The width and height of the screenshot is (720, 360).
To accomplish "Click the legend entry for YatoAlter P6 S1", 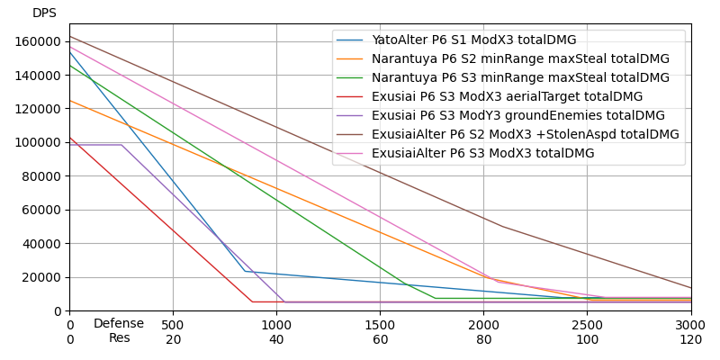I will (473, 40).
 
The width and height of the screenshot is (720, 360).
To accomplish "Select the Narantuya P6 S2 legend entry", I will (520, 59).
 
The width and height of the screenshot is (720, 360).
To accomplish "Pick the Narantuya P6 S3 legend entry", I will (520, 78).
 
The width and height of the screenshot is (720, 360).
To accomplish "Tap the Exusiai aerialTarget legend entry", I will (507, 97).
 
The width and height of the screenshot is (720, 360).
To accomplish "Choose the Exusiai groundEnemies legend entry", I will (517, 116).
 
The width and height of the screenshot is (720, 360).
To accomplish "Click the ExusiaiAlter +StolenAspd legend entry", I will (525, 135).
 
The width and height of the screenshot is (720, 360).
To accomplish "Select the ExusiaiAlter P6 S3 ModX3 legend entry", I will (482, 154).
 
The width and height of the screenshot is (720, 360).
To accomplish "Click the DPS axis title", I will (44, 13).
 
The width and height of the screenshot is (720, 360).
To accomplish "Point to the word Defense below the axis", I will (119, 324).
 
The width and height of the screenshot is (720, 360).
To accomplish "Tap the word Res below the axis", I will (119, 338).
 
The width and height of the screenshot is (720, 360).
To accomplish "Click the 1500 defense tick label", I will (380, 324).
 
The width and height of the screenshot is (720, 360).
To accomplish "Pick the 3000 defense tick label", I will (690, 324).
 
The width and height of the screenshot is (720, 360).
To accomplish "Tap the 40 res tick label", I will (276, 339).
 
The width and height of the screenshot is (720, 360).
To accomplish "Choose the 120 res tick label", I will (690, 339).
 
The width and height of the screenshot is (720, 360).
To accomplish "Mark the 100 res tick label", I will (587, 339).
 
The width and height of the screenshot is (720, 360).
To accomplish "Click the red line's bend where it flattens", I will (252, 301).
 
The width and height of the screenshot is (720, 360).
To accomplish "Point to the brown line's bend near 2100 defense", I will (502, 226).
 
